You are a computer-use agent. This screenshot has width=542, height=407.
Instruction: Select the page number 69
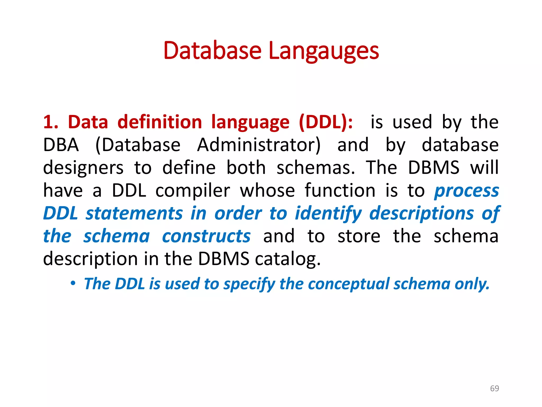[x=494, y=388]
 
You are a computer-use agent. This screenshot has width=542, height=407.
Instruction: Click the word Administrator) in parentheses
[x=259, y=145]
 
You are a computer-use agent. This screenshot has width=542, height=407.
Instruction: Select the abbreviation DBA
[x=61, y=145]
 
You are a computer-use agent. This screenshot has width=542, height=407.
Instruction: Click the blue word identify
[x=328, y=214]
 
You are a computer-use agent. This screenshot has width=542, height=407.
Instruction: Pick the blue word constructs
[x=206, y=236]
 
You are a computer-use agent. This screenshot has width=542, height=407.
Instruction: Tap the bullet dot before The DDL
[x=73, y=284]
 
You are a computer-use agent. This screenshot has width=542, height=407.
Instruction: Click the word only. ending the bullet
[x=472, y=284]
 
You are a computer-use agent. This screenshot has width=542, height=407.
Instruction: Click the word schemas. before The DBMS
[x=316, y=168]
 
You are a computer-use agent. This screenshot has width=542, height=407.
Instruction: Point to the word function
[x=340, y=191]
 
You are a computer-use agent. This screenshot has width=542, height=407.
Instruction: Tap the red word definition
[x=160, y=122]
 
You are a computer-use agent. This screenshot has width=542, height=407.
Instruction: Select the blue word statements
[x=134, y=214]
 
